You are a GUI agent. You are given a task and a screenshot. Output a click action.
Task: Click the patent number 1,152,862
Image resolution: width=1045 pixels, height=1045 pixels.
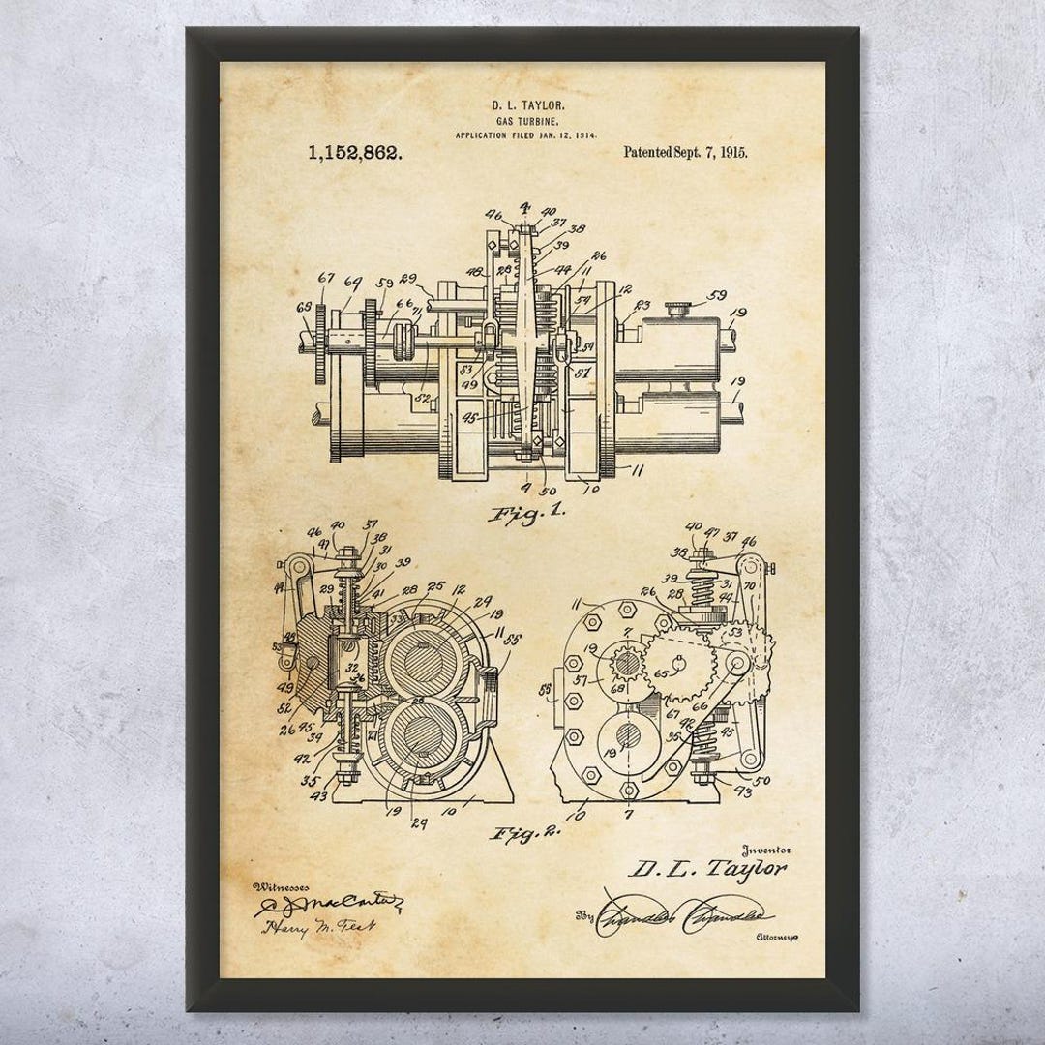pyautogui.click(x=355, y=152)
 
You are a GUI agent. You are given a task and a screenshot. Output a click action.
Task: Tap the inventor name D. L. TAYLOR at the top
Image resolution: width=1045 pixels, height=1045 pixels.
pyautogui.click(x=523, y=102)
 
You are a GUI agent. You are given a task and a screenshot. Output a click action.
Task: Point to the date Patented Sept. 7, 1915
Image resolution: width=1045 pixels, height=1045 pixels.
pyautogui.click(x=685, y=151)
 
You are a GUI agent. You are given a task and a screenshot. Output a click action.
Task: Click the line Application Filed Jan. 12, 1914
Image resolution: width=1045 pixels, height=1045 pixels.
pyautogui.click(x=523, y=135)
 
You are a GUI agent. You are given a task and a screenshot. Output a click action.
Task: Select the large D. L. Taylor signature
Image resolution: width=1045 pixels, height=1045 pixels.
pyautogui.click(x=707, y=869)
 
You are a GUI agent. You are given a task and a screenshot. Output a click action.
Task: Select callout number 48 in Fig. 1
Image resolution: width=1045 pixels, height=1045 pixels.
pyautogui.click(x=475, y=273)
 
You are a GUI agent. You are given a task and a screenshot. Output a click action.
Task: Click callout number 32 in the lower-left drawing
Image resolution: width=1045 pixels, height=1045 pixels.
pyautogui.click(x=351, y=667)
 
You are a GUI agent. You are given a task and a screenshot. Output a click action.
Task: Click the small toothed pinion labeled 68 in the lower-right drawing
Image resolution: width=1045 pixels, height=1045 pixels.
pyautogui.click(x=626, y=666)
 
